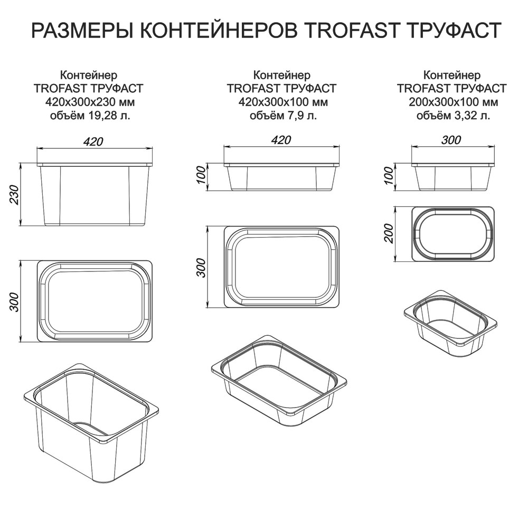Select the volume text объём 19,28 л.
coord(90,116)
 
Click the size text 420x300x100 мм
coord(283,102)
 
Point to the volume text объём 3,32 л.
coord(453,116)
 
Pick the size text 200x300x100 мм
coord(453,102)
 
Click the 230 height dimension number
coord(14,194)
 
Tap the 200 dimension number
coord(388,233)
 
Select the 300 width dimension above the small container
coord(451,140)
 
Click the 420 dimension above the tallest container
coord(93,142)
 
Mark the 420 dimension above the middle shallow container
coord(281,140)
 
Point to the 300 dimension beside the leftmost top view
coord(14,301)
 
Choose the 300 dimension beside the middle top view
coord(201,267)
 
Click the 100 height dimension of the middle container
coord(201,174)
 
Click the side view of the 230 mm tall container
coord(95,195)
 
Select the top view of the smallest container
coord(453,234)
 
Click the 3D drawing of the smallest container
coord(450,323)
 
